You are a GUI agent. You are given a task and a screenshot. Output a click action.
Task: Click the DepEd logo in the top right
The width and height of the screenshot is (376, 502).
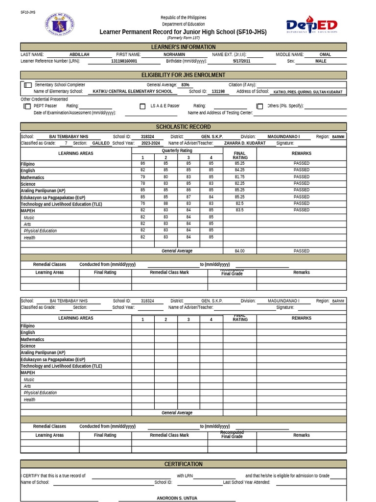pyautogui.click(x=311, y=25)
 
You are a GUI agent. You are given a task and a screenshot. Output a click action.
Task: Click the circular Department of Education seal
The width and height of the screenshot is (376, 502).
pyautogui.click(x=62, y=25)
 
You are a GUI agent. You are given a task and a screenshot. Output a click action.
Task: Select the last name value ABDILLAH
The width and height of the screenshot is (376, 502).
pyautogui.click(x=79, y=54)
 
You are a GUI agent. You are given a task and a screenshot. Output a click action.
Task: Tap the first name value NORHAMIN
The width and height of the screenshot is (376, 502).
pyautogui.click(x=174, y=54)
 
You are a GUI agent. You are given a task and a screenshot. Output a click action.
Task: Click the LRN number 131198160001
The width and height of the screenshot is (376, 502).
pyautogui.click(x=124, y=61)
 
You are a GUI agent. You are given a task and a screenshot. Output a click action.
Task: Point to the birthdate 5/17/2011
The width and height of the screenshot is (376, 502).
pyautogui.click(x=241, y=61)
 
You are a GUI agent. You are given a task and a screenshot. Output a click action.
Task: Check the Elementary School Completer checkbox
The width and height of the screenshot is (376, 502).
pyautogui.click(x=28, y=85)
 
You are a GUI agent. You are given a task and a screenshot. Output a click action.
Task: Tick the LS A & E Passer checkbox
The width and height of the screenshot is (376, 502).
pyautogui.click(x=142, y=106)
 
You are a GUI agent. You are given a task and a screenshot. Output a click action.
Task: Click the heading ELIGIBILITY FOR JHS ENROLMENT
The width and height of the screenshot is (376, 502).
pyautogui.click(x=183, y=75)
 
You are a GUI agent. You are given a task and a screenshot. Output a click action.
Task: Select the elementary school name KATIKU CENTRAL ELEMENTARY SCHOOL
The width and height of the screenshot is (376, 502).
pyautogui.click(x=132, y=91)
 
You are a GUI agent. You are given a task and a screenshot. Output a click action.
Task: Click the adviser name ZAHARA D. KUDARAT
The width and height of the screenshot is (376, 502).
pyautogui.click(x=245, y=143)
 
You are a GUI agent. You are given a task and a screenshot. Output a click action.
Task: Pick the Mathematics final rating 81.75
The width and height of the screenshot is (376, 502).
pyautogui.click(x=239, y=177)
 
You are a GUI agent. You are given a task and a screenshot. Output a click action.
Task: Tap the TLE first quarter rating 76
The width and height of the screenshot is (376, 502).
pyautogui.click(x=142, y=203)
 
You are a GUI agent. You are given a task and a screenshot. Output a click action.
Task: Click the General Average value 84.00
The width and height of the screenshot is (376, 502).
pyautogui.click(x=239, y=251)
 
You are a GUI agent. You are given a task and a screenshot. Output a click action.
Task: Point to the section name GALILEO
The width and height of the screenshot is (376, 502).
pyautogui.click(x=101, y=143)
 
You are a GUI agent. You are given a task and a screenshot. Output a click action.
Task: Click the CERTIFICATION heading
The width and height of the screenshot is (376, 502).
pyautogui.click(x=183, y=464)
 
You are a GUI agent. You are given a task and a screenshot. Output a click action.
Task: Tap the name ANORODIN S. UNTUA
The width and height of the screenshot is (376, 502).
pyautogui.click(x=177, y=498)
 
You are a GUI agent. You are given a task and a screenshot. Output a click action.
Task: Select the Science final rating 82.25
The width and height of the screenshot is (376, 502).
pyautogui.click(x=239, y=183)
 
